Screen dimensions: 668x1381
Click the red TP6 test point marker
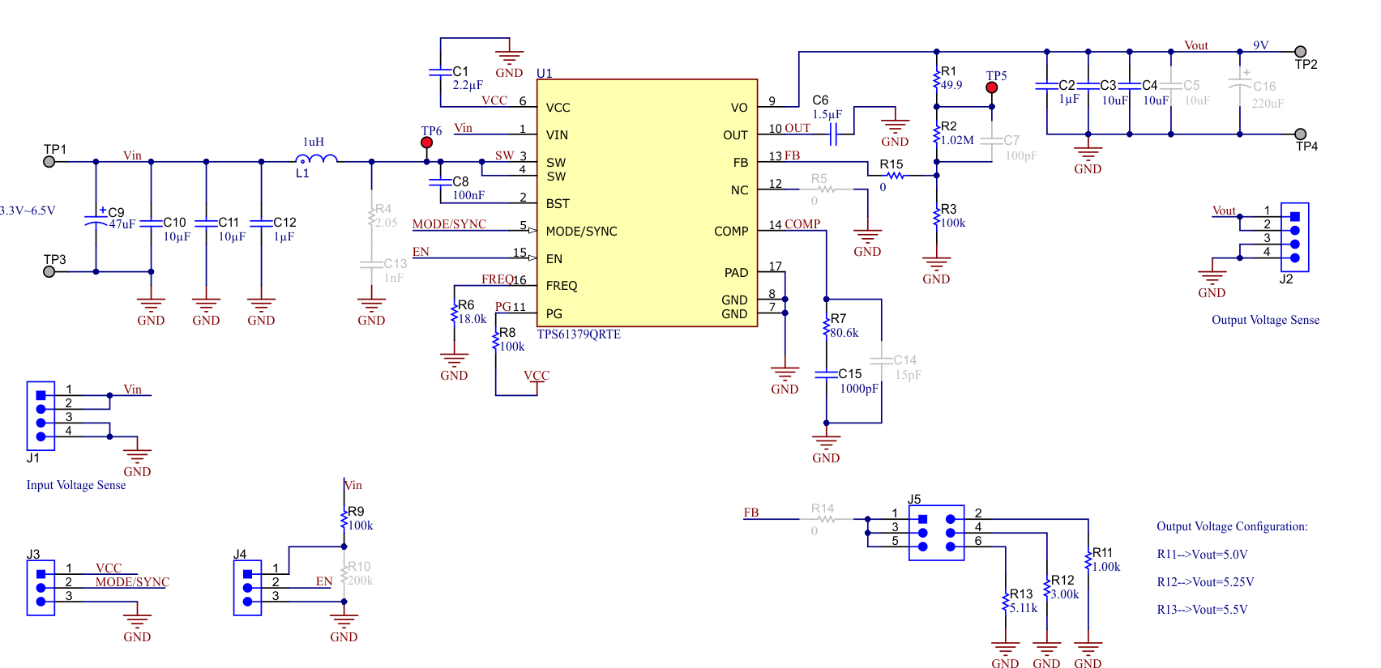pyautogui.click(x=426, y=143)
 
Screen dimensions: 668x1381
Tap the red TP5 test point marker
pyautogui.click(x=991, y=87)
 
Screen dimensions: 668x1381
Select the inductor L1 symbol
pyautogui.click(x=316, y=160)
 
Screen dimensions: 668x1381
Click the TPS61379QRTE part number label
pyautogui.click(x=579, y=334)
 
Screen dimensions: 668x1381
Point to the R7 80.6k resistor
pyautogui.click(x=827, y=326)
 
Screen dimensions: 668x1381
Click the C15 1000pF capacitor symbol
pyautogui.click(x=826, y=374)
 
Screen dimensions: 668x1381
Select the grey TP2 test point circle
pyautogui.click(x=1300, y=52)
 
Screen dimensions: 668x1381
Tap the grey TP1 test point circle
pyautogui.click(x=49, y=162)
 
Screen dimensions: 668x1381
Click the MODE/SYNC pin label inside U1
pyautogui.click(x=581, y=232)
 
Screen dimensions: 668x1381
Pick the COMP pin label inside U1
pyautogui.click(x=730, y=232)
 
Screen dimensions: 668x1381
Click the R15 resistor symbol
pyautogui.click(x=895, y=175)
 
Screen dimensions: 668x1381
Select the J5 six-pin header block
pyautogui.click(x=936, y=533)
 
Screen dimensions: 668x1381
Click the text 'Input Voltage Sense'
pyautogui.click(x=76, y=485)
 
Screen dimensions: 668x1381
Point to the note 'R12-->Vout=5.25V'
pyautogui.click(x=1205, y=582)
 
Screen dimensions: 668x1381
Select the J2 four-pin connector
pyautogui.click(x=1294, y=237)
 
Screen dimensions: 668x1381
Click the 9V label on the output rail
pyautogui.click(x=1260, y=45)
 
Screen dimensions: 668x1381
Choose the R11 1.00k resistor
pyautogui.click(x=1088, y=560)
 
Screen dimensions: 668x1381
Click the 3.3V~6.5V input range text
pyautogui.click(x=28, y=211)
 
